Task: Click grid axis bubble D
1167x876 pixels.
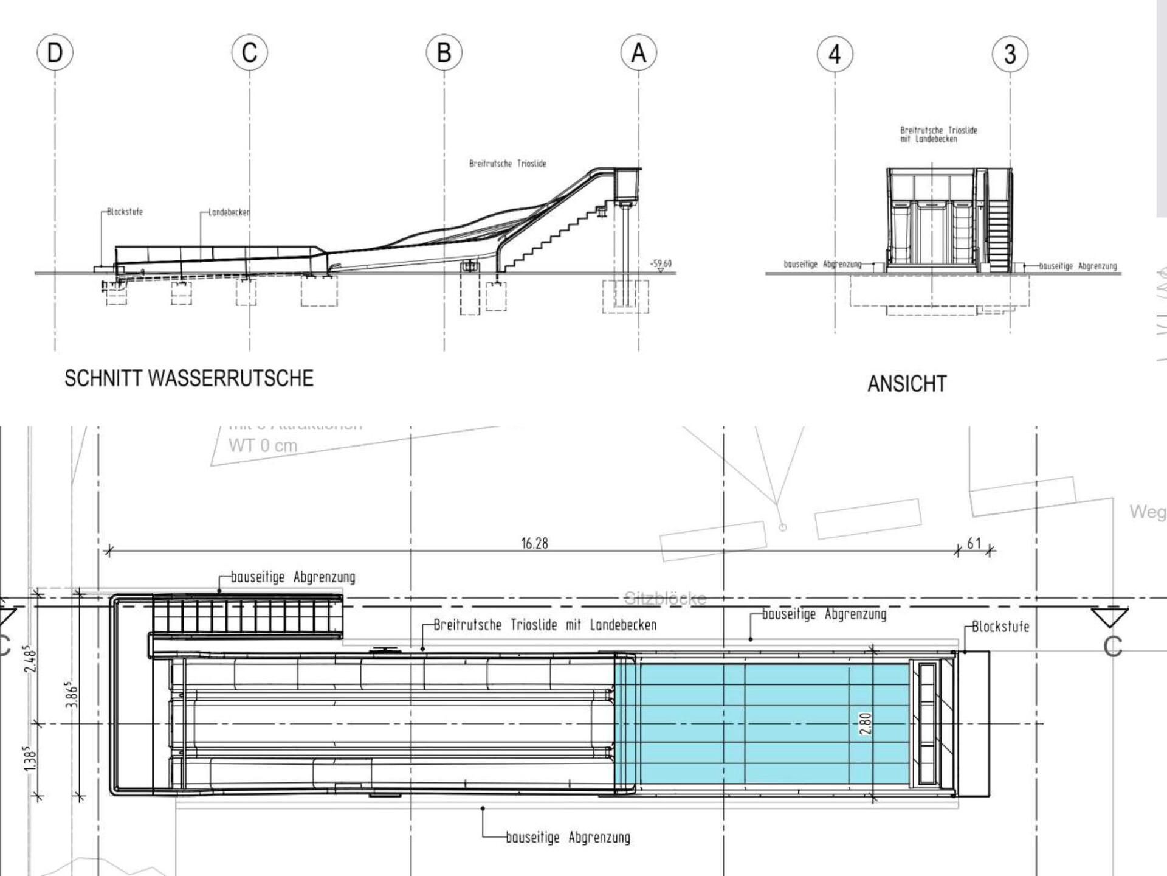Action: pos(55,53)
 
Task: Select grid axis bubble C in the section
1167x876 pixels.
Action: pos(249,53)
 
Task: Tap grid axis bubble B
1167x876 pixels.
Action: pos(444,53)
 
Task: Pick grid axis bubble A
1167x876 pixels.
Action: pos(638,53)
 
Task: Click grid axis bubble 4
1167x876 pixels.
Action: pos(835,54)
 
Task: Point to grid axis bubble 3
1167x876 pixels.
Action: pos(1010,54)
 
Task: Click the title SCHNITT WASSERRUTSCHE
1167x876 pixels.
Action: pos(189,378)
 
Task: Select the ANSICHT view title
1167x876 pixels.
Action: pos(907,384)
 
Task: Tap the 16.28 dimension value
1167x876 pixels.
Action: pos(534,543)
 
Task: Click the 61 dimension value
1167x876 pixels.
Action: pos(974,543)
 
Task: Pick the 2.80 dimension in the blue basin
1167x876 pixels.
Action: pos(866,723)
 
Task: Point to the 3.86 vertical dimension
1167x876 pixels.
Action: pos(72,694)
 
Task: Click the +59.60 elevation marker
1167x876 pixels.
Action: pos(661,264)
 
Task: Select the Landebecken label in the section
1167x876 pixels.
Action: pos(229,212)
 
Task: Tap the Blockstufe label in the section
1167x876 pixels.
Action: pos(125,212)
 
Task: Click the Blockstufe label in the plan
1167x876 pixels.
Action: pos(1000,627)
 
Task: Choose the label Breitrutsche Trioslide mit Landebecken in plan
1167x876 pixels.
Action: pos(545,625)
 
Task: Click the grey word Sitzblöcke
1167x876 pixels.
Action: pos(665,599)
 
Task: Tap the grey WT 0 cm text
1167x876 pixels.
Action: pos(263,445)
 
